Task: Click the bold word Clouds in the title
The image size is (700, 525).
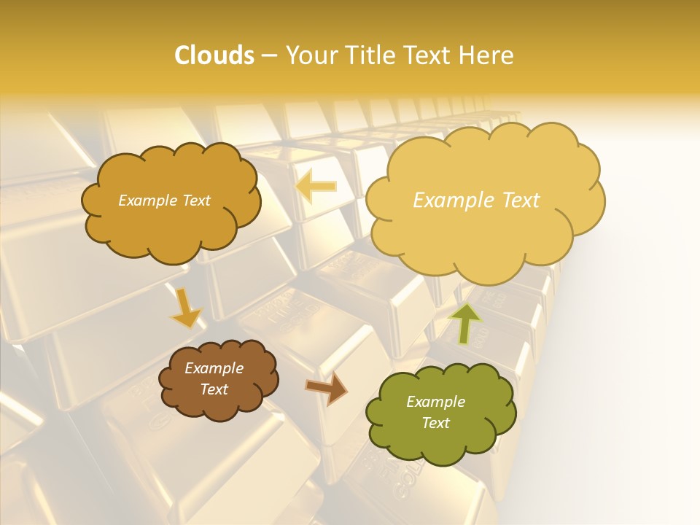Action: coord(214,55)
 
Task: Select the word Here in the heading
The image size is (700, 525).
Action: coord(487,55)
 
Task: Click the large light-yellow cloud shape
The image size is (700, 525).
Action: coord(485,226)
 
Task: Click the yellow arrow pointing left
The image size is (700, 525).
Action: coord(315,187)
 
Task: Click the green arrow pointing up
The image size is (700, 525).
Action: coord(464,323)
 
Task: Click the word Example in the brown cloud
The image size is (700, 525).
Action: coord(214,368)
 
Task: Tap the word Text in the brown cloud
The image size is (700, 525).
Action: coord(214,389)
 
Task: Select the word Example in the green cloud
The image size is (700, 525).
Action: coord(436,402)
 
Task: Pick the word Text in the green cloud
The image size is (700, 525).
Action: coord(436,423)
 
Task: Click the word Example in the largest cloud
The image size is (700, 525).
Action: coord(451,201)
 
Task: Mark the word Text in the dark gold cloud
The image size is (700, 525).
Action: coord(196,201)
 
